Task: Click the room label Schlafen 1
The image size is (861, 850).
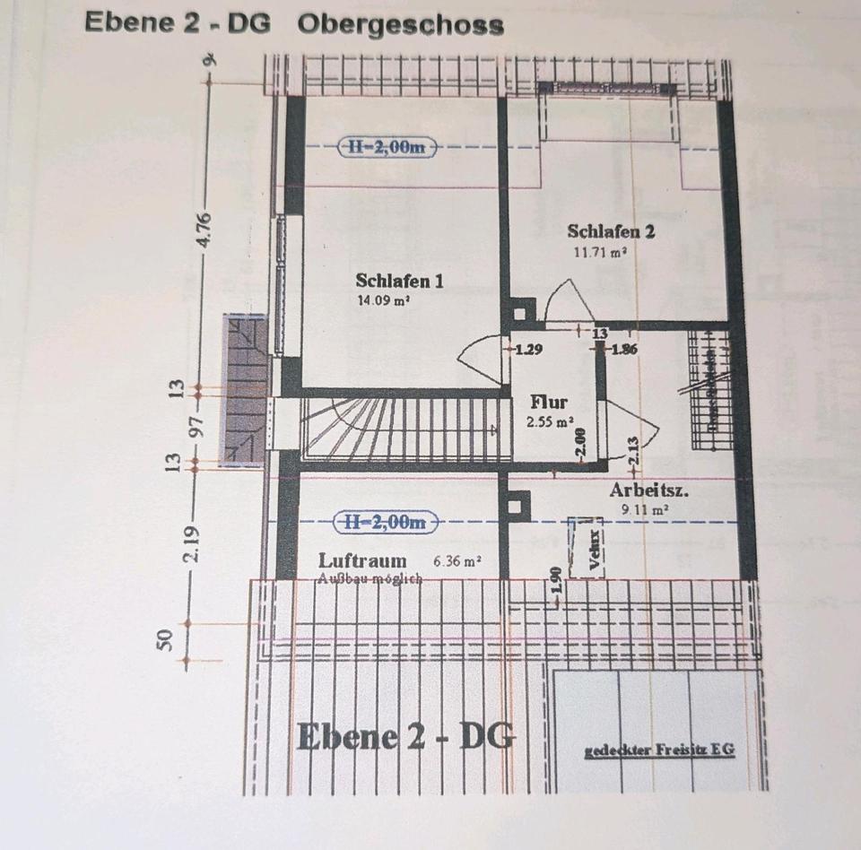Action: tap(399, 281)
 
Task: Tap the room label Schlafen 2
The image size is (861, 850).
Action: tap(611, 231)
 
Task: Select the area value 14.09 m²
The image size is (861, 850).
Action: tap(383, 302)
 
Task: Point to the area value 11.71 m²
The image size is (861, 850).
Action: tap(600, 253)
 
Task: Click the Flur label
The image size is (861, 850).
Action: tap(548, 401)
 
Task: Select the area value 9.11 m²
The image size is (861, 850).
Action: tap(645, 509)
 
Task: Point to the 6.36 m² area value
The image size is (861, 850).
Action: tap(457, 561)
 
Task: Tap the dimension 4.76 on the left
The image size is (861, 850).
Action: tap(205, 230)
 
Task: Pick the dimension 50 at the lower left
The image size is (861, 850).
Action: tap(166, 640)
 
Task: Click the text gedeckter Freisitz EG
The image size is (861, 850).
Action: tap(659, 751)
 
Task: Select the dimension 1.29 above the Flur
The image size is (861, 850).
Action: tap(527, 349)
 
